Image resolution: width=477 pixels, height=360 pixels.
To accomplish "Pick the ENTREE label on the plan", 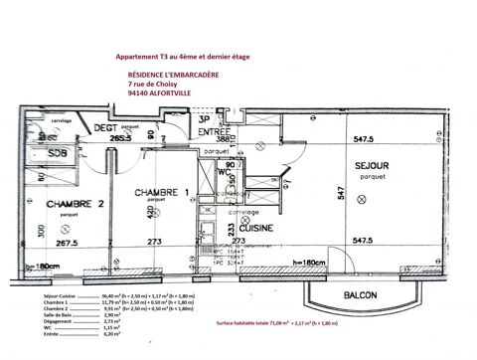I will pos(215,132).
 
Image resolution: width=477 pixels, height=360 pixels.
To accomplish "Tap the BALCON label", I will pos(360,295).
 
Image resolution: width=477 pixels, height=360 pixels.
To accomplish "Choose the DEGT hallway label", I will pos(108,128).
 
